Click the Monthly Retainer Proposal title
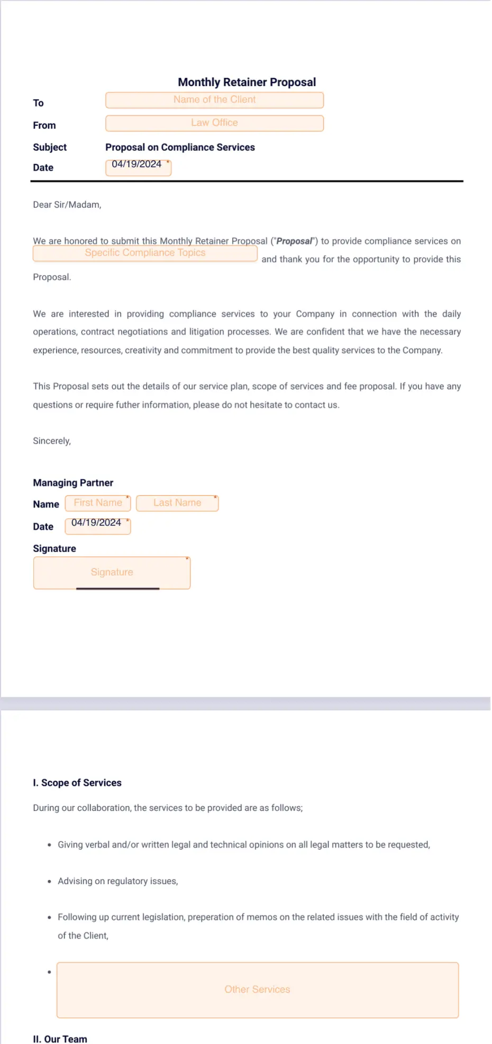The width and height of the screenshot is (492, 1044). click(247, 82)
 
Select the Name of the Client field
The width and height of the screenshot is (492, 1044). click(214, 100)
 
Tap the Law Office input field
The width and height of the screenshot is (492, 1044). click(214, 123)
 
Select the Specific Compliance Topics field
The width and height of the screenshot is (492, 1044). click(145, 253)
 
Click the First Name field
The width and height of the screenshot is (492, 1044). click(98, 503)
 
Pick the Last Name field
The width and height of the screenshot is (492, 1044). click(177, 503)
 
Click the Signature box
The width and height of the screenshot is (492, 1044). click(112, 572)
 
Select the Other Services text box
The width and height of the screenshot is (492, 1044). click(257, 990)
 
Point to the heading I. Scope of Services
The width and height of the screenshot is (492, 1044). click(77, 783)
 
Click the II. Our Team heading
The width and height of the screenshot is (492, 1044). click(60, 1039)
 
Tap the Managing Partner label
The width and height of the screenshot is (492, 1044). click(73, 483)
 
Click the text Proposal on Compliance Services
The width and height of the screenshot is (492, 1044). click(180, 147)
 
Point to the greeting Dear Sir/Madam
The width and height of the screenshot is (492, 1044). click(67, 205)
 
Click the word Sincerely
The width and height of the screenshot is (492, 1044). click(52, 441)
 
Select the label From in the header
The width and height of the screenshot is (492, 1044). click(44, 125)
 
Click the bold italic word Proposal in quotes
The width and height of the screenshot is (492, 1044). click(294, 241)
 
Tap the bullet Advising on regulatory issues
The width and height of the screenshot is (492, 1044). click(117, 881)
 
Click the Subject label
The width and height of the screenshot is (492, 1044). click(50, 147)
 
